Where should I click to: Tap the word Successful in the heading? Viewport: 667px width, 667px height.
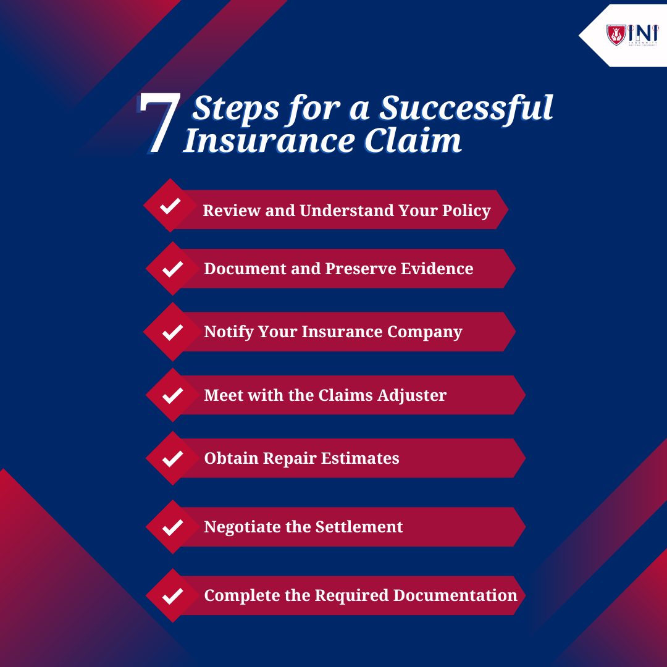(466, 107)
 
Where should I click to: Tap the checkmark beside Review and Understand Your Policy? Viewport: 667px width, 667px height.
(170, 206)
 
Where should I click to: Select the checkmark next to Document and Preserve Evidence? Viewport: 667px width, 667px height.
(172, 269)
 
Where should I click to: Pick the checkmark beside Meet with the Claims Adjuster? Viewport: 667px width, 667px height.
(172, 395)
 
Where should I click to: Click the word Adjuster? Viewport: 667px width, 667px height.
(416, 395)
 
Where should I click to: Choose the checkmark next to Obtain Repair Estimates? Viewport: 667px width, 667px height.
(172, 458)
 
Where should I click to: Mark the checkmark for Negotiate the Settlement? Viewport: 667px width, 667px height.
(172, 527)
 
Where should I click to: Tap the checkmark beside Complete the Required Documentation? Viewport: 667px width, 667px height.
(172, 596)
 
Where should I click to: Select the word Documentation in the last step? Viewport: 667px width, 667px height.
(455, 595)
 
